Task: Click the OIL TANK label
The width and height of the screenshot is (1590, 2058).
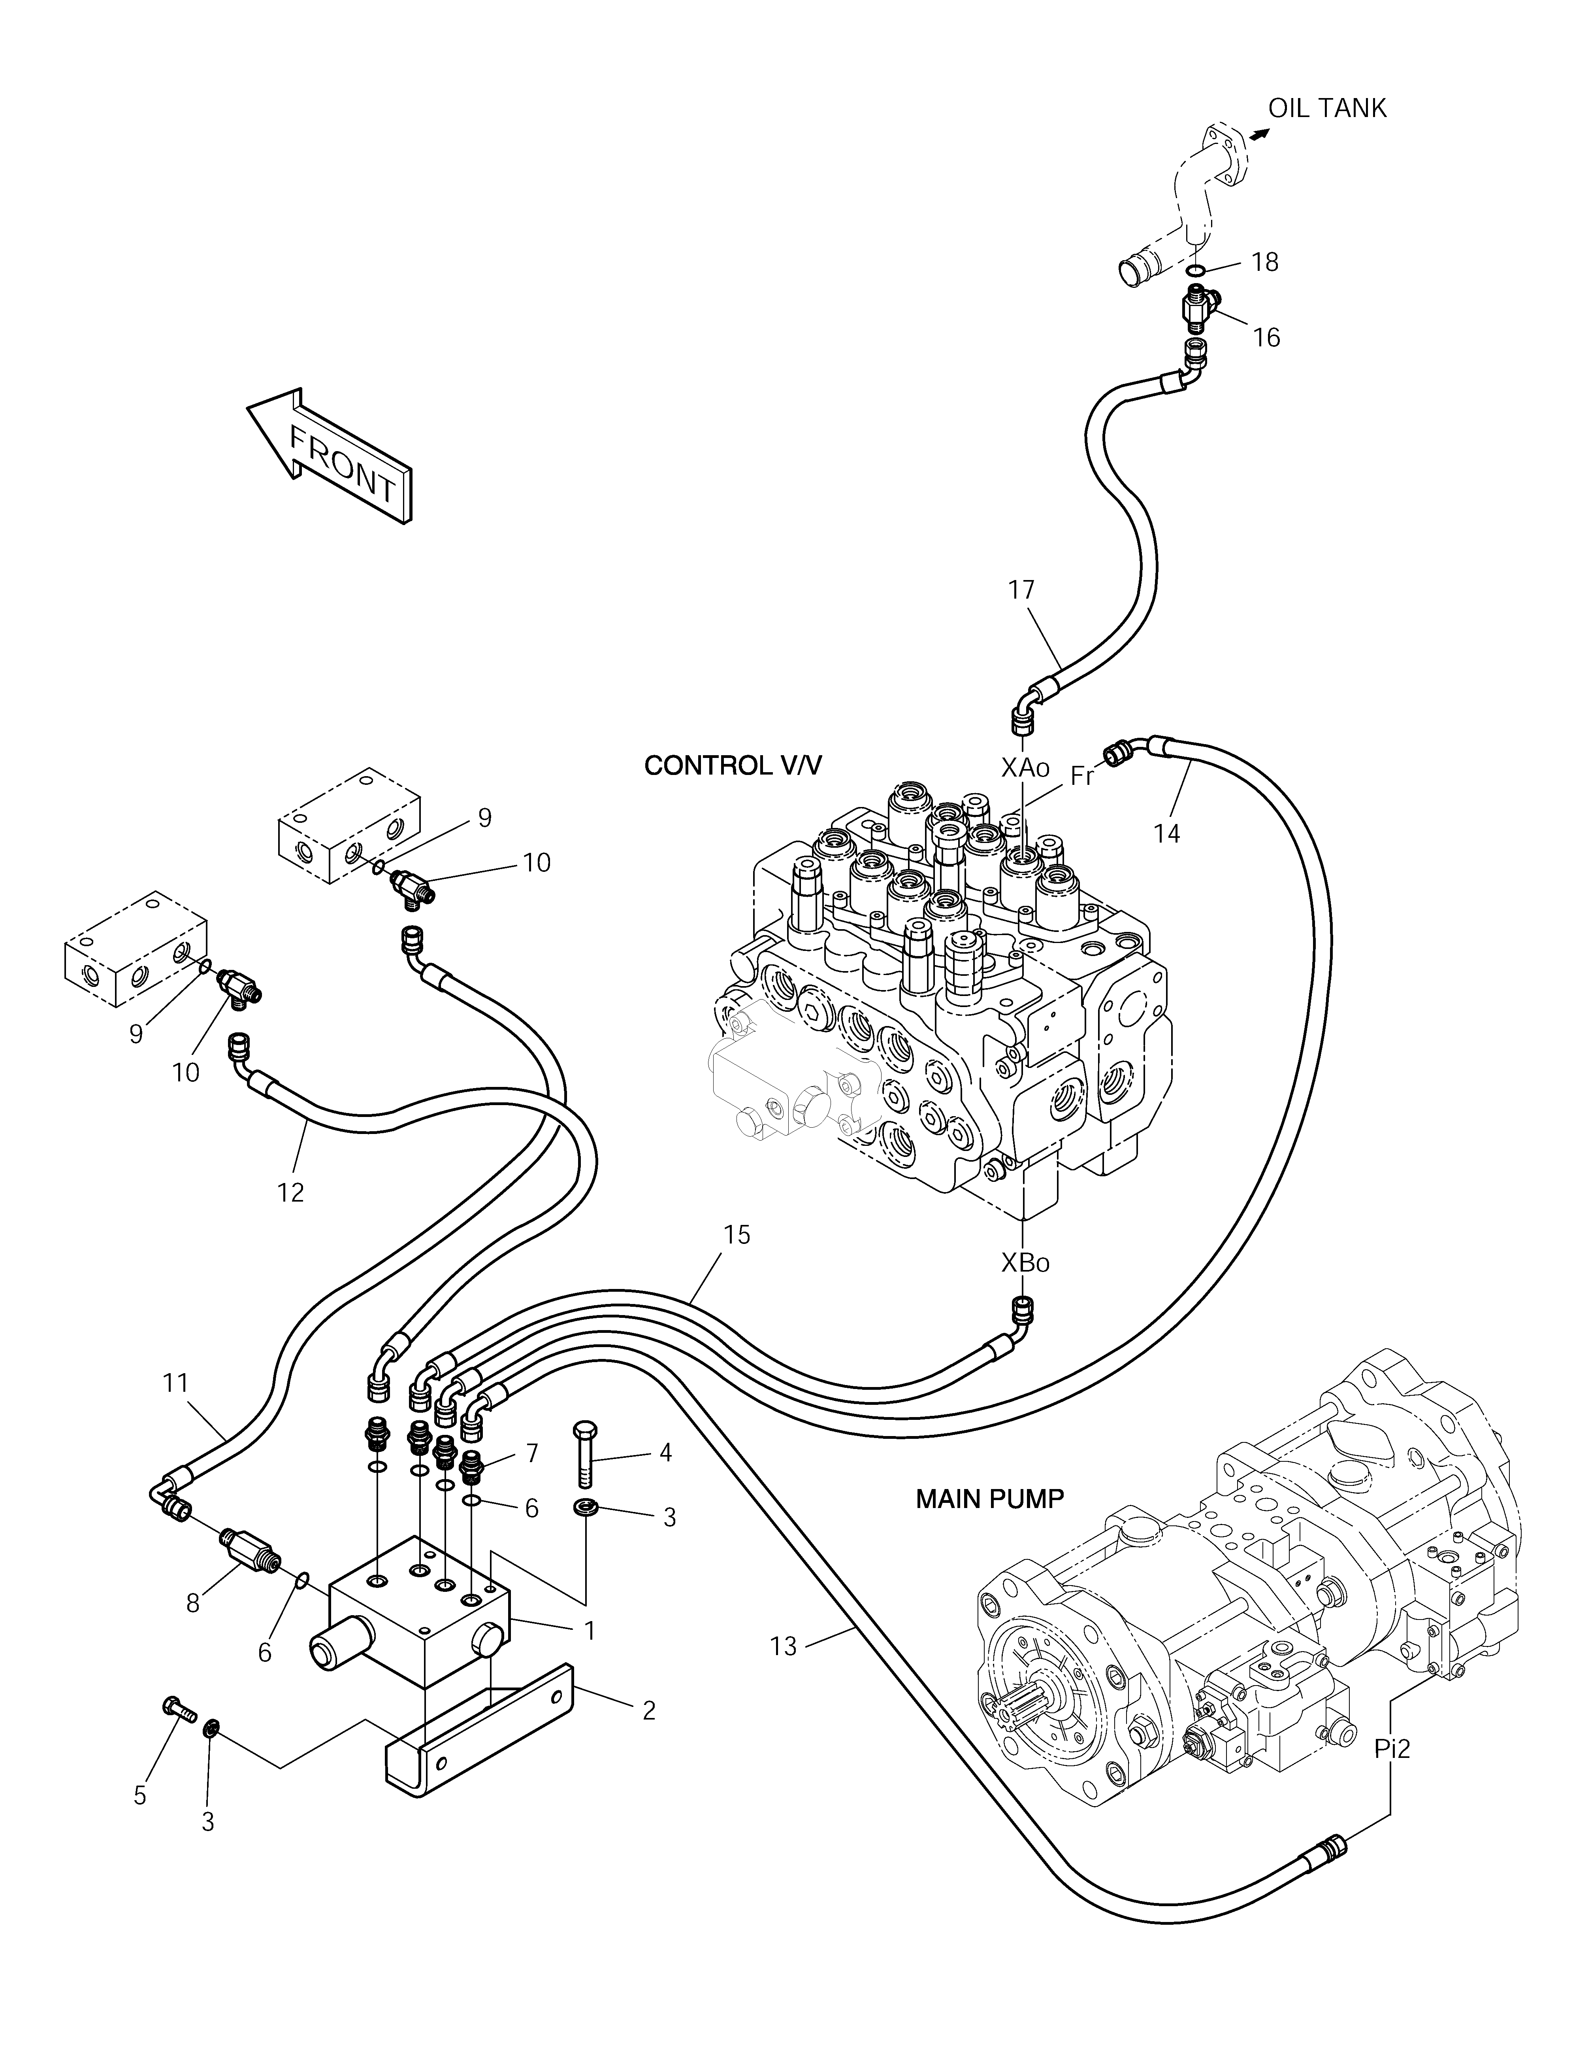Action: coord(1327,108)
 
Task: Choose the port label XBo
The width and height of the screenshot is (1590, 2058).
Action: coord(1025,1263)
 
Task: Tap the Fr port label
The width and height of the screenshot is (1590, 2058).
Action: coord(1082,777)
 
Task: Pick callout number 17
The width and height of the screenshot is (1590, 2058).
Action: coord(1021,590)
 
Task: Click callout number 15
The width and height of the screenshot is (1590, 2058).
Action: coord(738,1234)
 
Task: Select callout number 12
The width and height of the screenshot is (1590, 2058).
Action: coord(291,1192)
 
